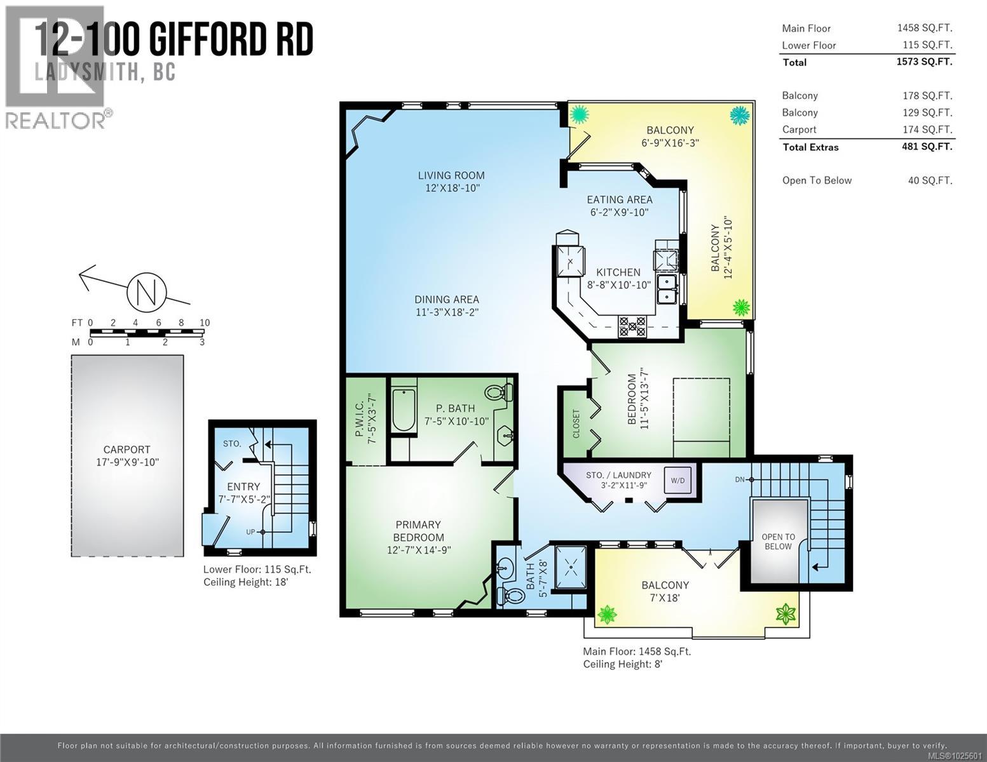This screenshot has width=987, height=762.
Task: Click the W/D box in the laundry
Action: [x=677, y=481]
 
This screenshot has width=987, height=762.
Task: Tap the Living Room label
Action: [x=451, y=176]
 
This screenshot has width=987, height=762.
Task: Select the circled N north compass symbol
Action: [x=146, y=292]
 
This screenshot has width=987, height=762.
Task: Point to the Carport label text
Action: [x=126, y=450]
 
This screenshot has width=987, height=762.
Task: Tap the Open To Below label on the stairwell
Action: [x=778, y=542]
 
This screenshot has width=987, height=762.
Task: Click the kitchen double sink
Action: [x=666, y=289]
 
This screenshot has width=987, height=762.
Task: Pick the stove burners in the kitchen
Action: [x=632, y=326]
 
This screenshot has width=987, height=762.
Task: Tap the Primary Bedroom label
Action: [x=418, y=531]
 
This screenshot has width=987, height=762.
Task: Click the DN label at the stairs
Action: [x=740, y=479]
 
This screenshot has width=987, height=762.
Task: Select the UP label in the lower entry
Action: [x=252, y=531]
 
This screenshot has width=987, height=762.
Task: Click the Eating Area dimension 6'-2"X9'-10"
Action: [x=619, y=213]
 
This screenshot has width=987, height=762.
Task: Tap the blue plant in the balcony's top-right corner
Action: [x=739, y=116]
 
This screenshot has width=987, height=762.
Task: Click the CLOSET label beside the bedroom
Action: [x=576, y=424]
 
